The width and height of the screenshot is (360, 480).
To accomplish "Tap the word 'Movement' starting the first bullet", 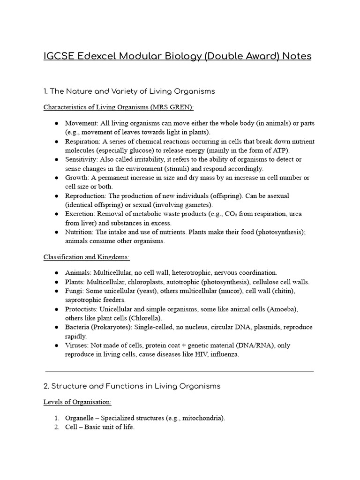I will pyautogui.click(x=79, y=123).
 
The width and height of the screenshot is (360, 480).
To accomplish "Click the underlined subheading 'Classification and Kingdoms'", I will pyautogui.click(x=87, y=257).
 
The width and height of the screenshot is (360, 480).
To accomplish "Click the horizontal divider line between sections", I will pyautogui.click(x=179, y=371).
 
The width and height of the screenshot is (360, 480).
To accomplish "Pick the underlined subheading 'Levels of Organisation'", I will pyautogui.click(x=77, y=402).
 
